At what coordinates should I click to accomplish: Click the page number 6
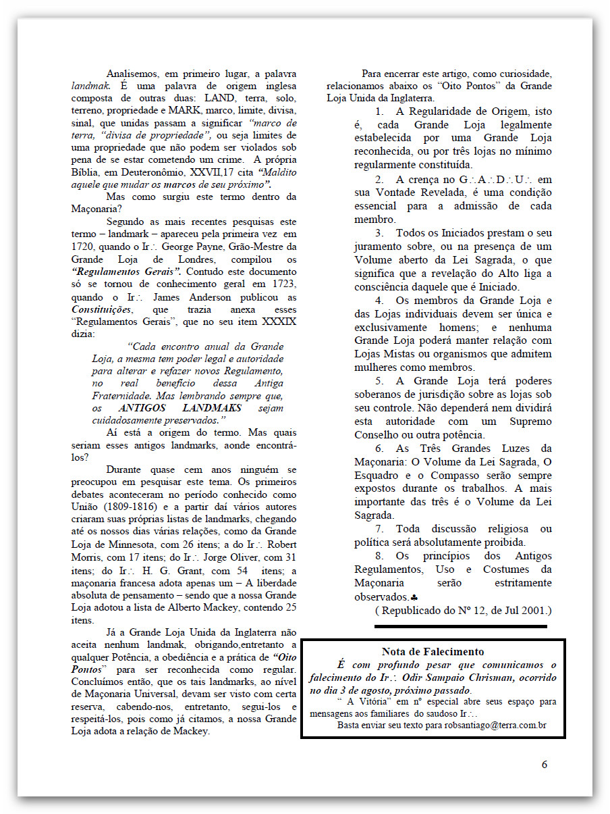545,765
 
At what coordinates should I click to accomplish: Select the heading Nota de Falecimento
433,651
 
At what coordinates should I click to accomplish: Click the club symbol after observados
414,597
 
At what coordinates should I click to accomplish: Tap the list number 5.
380,380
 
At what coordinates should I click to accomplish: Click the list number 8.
380,556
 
